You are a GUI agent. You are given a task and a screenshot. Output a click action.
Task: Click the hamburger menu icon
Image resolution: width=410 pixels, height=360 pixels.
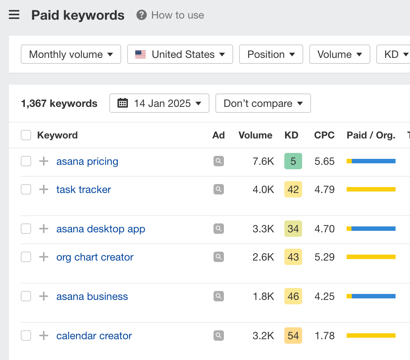(x=14, y=15)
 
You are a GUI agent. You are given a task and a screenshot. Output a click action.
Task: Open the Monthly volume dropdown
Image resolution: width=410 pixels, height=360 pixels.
(x=71, y=54)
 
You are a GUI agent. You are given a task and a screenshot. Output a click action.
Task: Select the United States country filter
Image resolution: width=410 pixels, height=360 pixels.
(x=180, y=54)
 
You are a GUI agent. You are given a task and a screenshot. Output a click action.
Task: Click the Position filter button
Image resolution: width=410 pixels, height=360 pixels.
(x=271, y=54)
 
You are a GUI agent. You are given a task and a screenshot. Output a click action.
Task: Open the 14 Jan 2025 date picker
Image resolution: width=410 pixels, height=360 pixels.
(x=159, y=103)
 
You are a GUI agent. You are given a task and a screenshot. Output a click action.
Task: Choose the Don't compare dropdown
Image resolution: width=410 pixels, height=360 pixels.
(x=263, y=103)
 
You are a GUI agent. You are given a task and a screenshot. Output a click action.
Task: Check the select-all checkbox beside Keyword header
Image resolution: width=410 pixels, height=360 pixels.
(x=26, y=135)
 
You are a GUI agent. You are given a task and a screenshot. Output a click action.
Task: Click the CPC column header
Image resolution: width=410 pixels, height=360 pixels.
(x=324, y=135)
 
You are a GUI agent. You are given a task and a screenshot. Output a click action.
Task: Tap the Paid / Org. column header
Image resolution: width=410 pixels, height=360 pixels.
(x=371, y=135)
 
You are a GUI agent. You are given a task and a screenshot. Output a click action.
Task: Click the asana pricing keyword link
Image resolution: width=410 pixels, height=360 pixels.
(x=87, y=161)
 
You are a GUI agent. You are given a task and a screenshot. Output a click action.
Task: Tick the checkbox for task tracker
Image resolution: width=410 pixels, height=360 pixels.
(x=26, y=190)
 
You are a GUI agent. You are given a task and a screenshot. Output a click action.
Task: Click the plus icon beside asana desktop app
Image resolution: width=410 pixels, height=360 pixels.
(x=44, y=229)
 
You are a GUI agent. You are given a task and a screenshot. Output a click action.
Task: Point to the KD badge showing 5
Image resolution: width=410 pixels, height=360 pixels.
(x=293, y=161)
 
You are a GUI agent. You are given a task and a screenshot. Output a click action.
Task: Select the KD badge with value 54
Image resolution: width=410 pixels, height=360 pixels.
(x=293, y=336)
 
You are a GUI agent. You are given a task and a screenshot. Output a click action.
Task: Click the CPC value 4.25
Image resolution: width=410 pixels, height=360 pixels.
(x=324, y=297)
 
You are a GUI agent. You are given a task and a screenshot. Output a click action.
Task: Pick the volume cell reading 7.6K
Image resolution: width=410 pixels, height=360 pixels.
(x=263, y=161)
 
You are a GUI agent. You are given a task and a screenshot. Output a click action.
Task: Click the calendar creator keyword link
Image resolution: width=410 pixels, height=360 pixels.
(x=94, y=336)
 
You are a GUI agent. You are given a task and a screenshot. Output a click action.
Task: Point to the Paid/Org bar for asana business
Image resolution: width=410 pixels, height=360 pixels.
(x=371, y=297)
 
